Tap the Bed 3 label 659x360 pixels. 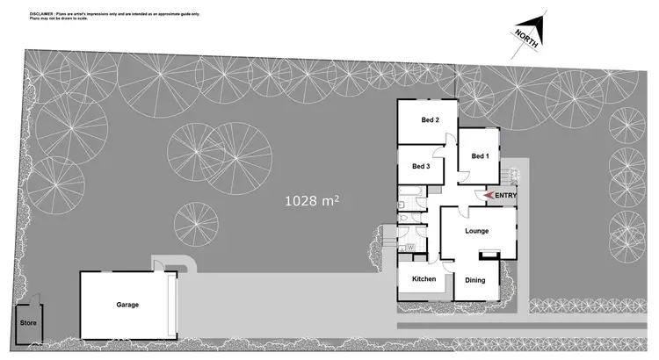point(421,166)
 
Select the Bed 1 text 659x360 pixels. point(479,156)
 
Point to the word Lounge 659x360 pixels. point(476,231)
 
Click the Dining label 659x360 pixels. point(475,280)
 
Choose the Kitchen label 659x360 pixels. point(424,279)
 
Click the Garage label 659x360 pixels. point(127,305)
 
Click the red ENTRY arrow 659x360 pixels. point(489,195)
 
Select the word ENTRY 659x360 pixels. point(506,195)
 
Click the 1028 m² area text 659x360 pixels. point(311,201)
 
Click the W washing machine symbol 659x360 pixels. point(409,247)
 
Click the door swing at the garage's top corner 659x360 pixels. point(159,263)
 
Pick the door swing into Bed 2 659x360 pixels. point(448,139)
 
